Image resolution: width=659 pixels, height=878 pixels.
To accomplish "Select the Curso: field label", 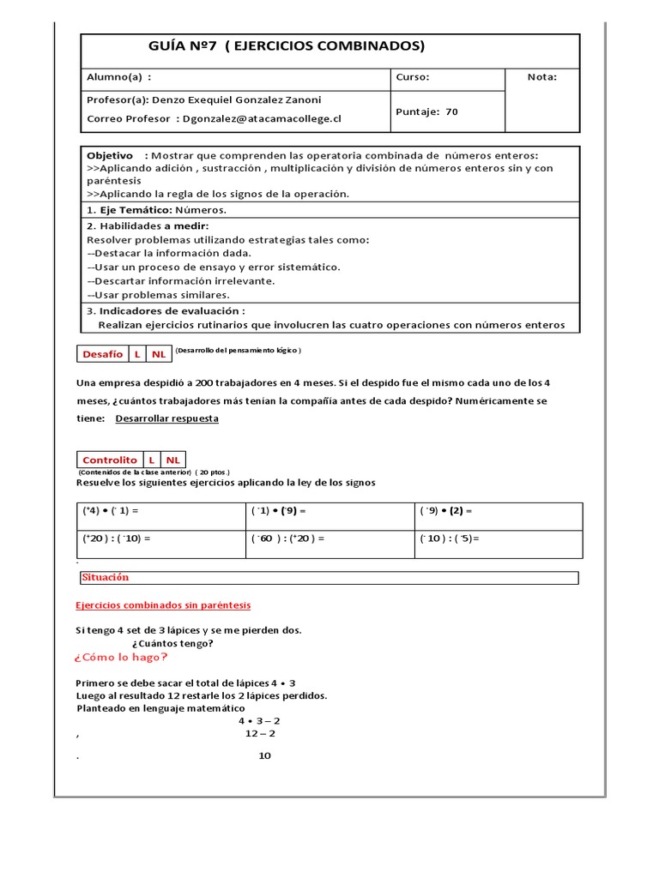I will click(x=413, y=77).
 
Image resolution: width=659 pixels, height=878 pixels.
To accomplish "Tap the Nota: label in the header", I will click(x=541, y=77).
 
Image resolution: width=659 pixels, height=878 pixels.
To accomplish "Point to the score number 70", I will click(x=452, y=111).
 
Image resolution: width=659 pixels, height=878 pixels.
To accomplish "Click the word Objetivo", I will click(x=110, y=155).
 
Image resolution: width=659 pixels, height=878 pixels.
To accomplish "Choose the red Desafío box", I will click(x=102, y=353).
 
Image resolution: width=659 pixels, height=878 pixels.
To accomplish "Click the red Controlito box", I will click(x=109, y=460).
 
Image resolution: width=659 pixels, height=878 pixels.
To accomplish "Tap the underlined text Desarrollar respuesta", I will click(x=166, y=418).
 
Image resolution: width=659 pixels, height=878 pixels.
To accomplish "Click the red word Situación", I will click(x=106, y=578).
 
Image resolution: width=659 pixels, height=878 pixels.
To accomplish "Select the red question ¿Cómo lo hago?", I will click(x=121, y=657).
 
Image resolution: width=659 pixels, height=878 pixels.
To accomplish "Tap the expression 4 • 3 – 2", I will click(x=259, y=721).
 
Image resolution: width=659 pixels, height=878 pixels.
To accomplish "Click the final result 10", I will click(x=264, y=755).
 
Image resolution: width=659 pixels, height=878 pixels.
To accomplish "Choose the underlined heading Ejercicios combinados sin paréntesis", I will click(x=164, y=605).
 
